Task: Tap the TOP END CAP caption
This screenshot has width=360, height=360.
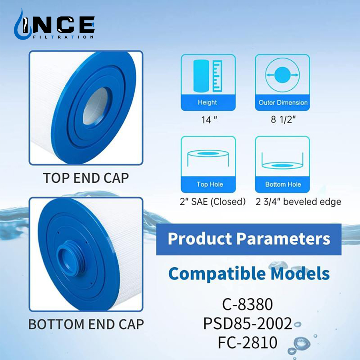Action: click(x=86, y=178)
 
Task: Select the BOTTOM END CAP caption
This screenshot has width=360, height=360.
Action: click(x=86, y=324)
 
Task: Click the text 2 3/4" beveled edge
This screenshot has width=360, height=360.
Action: click(x=298, y=202)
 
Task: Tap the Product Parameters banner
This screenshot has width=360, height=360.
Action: click(x=249, y=239)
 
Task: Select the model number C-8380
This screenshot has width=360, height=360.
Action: click(x=248, y=304)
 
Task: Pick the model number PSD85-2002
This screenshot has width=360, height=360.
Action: click(x=248, y=324)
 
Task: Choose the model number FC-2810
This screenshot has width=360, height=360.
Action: click(x=248, y=342)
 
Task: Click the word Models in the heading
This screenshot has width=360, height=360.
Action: click(x=300, y=274)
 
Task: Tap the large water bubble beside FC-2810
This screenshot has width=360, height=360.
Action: click(x=300, y=343)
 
